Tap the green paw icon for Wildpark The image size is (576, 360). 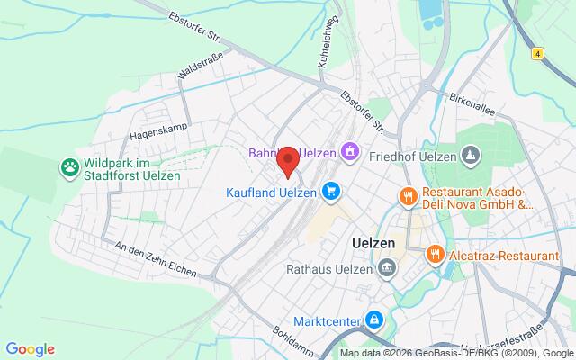[x=69, y=167]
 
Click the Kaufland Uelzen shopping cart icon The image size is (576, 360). [x=332, y=191]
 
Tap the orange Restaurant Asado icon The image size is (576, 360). [x=407, y=194]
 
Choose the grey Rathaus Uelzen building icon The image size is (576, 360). [x=387, y=266]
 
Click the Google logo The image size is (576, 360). [x=30, y=349]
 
